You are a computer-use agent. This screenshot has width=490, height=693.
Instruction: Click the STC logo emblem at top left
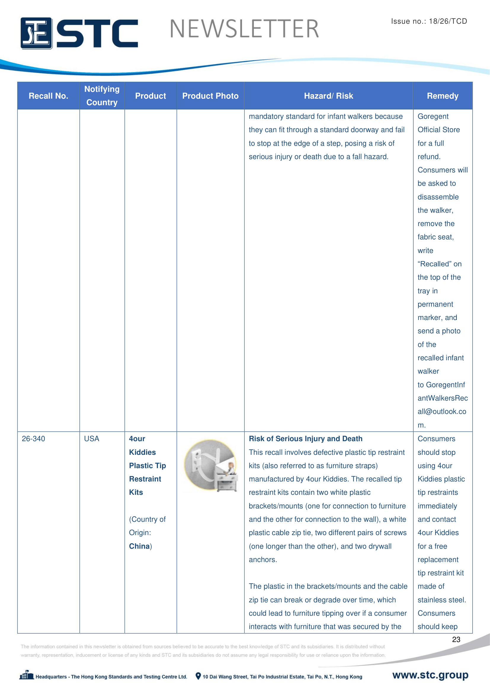36,33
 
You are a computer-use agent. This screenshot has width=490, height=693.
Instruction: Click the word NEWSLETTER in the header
244,29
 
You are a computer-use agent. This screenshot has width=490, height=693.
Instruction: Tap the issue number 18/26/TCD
448,21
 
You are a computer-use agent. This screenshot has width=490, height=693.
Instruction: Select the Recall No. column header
48,96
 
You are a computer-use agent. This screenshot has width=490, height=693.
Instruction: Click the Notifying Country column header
102,96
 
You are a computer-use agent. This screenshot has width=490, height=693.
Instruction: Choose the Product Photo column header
210,96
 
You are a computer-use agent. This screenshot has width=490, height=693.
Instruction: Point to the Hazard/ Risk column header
328,96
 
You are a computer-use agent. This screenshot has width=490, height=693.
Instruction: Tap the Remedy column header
442,96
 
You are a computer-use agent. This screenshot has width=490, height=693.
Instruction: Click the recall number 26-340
33,438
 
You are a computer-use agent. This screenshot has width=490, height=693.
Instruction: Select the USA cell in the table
92,438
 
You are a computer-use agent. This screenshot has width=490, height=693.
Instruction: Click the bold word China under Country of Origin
140,546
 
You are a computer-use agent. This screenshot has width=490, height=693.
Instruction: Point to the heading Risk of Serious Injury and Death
305,438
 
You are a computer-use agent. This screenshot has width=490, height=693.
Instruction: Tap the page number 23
456,639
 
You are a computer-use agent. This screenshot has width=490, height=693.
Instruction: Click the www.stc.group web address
430,675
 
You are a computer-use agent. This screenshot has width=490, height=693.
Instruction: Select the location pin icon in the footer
198,676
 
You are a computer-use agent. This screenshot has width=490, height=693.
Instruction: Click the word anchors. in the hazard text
263,560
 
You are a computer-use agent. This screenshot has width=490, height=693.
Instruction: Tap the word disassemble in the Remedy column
438,197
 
